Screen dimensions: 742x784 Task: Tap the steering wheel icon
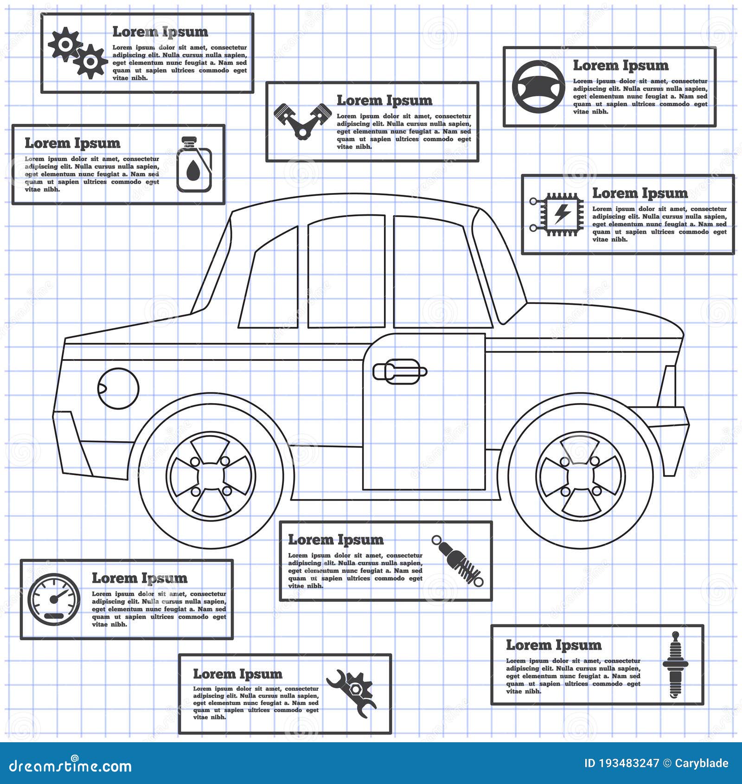coord(538,87)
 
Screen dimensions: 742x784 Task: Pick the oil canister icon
coord(194,164)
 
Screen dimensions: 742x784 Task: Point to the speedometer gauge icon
coord(54,599)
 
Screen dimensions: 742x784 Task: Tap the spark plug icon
coord(675,664)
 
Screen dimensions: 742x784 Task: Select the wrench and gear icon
coord(352,694)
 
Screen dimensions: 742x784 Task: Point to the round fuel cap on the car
coord(118,388)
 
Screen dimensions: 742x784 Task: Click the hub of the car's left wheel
coord(211,476)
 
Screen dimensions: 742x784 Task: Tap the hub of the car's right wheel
coord(581,476)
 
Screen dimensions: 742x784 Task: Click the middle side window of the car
coord(346,271)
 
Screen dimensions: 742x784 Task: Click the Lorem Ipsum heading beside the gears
coord(160,32)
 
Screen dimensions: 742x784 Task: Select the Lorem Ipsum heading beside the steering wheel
coord(620,65)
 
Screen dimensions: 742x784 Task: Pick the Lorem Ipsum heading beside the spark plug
coord(554,645)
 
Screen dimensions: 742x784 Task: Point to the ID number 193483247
coord(621,764)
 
